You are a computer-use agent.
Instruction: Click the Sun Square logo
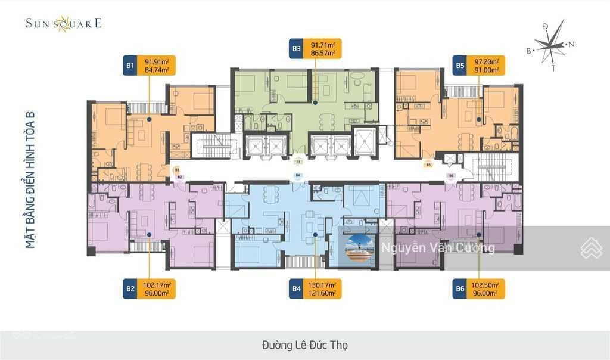point(63,24)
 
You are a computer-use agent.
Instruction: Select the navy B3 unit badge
point(296,49)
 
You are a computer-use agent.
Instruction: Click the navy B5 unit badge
point(459,66)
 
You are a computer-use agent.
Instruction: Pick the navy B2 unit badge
point(130,289)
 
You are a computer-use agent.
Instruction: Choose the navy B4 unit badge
point(296,289)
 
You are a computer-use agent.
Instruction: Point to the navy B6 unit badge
point(459,289)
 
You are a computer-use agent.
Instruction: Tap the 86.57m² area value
point(322,53)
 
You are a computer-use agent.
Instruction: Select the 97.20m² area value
point(486,61)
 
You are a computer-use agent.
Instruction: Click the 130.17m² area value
point(322,285)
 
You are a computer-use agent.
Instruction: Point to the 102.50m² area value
point(486,285)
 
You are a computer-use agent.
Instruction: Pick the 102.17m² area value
point(157,285)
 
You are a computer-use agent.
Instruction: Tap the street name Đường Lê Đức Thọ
point(304,345)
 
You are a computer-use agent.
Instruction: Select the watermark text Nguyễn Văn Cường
point(438,248)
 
